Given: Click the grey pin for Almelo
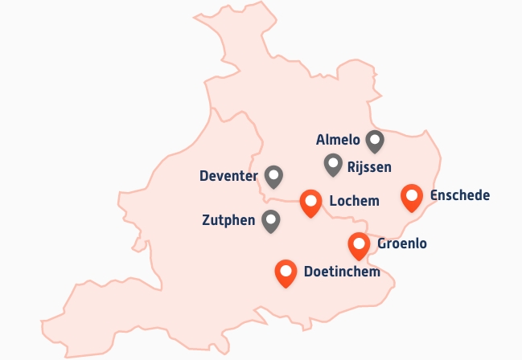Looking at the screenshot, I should (x=375, y=141).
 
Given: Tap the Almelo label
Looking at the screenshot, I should (x=338, y=140).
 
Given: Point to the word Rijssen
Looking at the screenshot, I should (x=369, y=167).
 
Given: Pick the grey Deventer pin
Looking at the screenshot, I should (x=274, y=176).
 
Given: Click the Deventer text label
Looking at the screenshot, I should (x=228, y=176).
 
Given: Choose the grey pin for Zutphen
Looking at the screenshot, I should (x=272, y=220).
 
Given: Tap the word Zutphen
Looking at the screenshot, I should (x=229, y=219).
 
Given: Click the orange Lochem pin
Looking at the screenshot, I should (x=310, y=202).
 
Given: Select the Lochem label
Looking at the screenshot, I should (x=354, y=201).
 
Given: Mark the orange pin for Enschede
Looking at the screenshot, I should (x=412, y=197).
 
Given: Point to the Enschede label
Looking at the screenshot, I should (x=460, y=195).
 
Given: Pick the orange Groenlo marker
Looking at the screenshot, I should (x=359, y=245).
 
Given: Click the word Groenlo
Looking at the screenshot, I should (x=401, y=243).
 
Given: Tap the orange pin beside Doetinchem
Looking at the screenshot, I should (x=285, y=273).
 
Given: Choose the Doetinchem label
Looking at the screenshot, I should (x=342, y=272).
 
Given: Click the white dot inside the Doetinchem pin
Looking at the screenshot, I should (x=285, y=269).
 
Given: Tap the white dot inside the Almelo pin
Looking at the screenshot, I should (x=375, y=138).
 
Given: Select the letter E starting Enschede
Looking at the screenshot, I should (x=434, y=195).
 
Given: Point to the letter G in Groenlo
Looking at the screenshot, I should (x=381, y=243).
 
